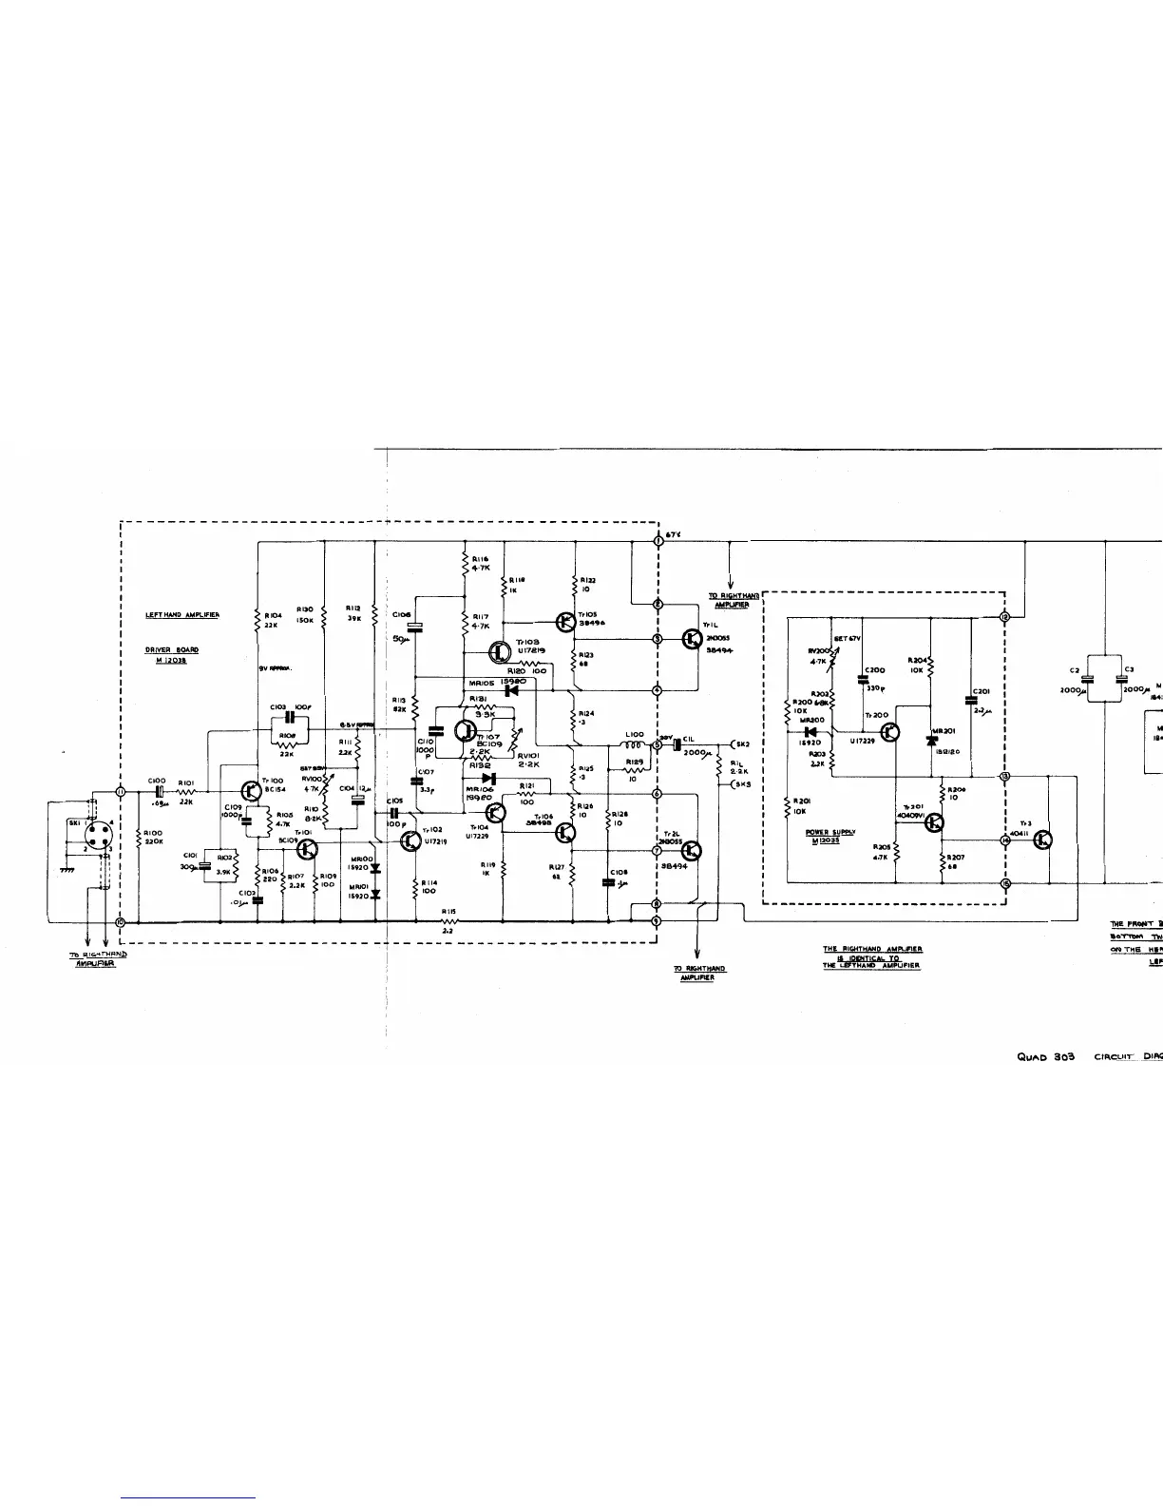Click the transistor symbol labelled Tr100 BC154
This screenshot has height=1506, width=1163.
pos(251,791)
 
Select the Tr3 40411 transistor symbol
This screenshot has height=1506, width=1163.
pos(1042,840)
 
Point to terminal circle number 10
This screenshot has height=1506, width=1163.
pos(121,921)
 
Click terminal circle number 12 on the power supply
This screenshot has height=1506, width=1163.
pos(1005,616)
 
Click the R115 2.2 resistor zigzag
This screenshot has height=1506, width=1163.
pos(450,920)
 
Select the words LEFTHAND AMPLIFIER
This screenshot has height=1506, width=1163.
pos(182,615)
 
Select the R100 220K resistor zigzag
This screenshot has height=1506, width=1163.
pos(140,837)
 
